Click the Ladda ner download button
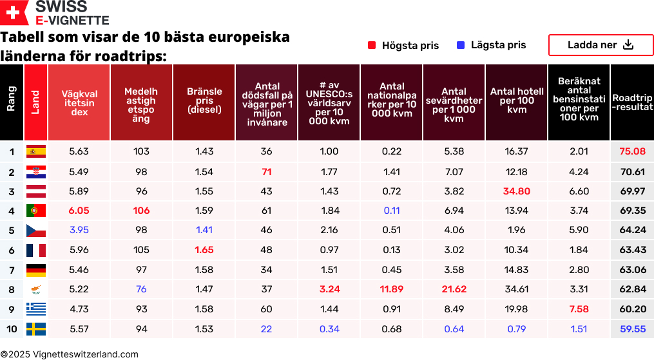(x=601, y=45)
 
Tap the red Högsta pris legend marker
(x=372, y=45)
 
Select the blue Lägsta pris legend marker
(x=461, y=45)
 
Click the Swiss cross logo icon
(x=15, y=13)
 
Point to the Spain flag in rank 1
(x=35, y=151)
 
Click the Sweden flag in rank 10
(x=35, y=329)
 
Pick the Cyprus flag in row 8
(x=35, y=290)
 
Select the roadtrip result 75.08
(x=632, y=151)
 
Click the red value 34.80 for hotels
(x=517, y=191)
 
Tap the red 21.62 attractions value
(x=454, y=290)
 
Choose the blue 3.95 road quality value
(x=79, y=230)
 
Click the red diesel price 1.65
(x=204, y=250)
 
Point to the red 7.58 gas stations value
(x=579, y=309)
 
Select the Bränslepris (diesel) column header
(x=204, y=101)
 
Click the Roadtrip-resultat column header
(x=632, y=102)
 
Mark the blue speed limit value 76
(x=141, y=290)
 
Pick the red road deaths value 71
(x=267, y=172)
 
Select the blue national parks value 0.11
(x=391, y=211)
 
